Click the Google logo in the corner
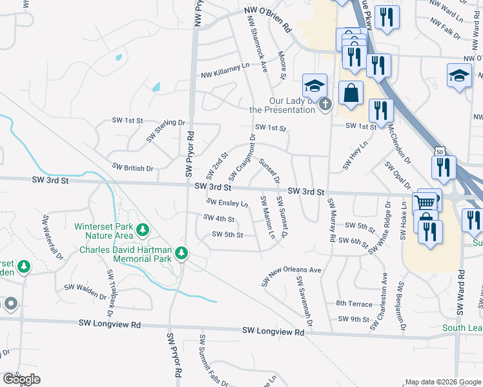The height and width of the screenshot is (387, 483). pyautogui.click(x=21, y=379)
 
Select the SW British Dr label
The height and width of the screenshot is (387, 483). pyautogui.click(x=132, y=167)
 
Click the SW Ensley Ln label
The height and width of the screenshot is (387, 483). pyautogui.click(x=227, y=203)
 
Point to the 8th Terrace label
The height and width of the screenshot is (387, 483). pyautogui.click(x=354, y=303)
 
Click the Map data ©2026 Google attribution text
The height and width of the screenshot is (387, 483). pyautogui.click(x=442, y=382)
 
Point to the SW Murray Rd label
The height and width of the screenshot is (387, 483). pyautogui.click(x=332, y=220)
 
